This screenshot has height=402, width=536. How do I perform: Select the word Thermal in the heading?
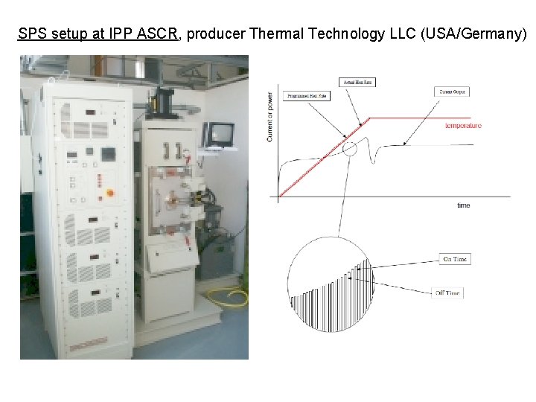point(277,34)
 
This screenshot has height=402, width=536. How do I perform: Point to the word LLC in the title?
point(401,34)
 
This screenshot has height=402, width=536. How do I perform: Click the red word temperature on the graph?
point(463,125)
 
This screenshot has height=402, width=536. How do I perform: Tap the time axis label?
point(463,205)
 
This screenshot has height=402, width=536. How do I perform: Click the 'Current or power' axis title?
point(269,115)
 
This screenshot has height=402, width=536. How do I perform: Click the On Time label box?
point(455,259)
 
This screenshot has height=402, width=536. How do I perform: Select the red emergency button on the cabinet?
point(109,193)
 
